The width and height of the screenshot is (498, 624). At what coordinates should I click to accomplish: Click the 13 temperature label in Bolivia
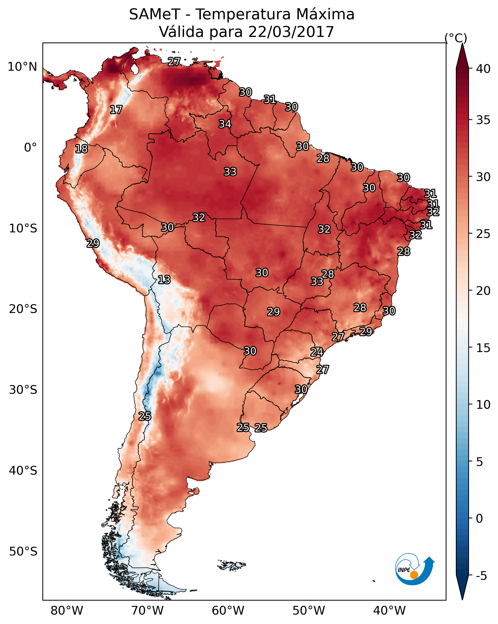(x=164, y=280)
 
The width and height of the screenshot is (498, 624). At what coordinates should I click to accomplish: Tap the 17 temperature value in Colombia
(x=116, y=110)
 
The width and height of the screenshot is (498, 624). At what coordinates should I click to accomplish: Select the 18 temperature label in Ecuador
(x=81, y=149)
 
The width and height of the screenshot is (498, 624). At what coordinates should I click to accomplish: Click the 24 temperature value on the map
(x=317, y=352)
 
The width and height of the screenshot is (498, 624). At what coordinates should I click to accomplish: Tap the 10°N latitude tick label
(x=22, y=67)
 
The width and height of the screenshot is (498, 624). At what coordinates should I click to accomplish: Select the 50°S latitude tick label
(x=23, y=552)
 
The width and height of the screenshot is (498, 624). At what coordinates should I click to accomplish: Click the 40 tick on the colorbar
(x=483, y=69)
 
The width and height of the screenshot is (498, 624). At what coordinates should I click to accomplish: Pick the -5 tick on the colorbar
(x=482, y=576)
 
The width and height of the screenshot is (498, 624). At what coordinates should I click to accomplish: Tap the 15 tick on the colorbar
(x=483, y=348)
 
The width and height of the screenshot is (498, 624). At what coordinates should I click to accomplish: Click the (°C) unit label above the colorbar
(x=456, y=38)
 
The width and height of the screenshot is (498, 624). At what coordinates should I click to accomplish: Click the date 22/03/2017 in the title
(x=291, y=32)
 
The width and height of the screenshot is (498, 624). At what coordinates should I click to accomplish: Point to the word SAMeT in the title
(x=155, y=14)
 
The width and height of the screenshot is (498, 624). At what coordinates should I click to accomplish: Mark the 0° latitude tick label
(x=31, y=148)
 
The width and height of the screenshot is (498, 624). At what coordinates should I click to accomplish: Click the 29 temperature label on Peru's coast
(x=93, y=243)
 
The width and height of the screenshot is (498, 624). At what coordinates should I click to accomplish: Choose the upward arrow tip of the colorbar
(x=462, y=43)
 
